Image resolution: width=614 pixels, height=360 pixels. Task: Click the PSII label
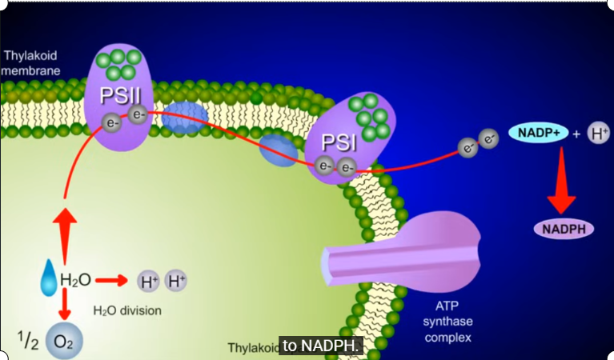(x=121, y=97)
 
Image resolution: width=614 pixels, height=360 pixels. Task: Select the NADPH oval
(x=564, y=229)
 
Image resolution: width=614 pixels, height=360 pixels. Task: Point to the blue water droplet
(x=49, y=276)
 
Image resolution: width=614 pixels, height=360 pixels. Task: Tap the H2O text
(x=75, y=280)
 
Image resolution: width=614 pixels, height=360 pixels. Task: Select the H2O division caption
(x=127, y=310)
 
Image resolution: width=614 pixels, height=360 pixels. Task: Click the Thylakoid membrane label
(x=31, y=63)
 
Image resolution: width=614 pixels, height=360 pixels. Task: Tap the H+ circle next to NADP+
(x=599, y=134)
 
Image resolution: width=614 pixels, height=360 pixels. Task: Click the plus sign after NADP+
(x=577, y=134)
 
